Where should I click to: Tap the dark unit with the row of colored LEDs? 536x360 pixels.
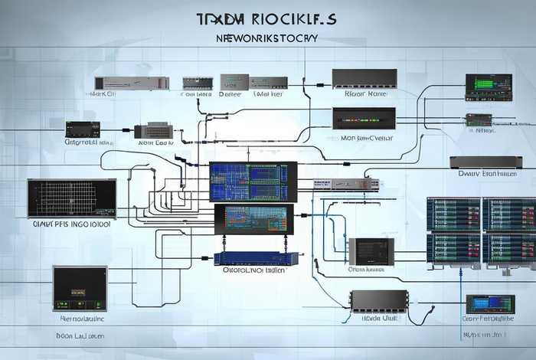363,119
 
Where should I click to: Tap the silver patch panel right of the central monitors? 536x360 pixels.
345,185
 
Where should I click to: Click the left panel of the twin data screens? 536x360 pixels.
453,233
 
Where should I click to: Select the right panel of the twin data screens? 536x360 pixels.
509,233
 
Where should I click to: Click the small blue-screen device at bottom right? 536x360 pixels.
489,304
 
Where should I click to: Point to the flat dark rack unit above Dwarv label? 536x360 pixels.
485,162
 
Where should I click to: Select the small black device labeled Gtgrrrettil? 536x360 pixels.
82,129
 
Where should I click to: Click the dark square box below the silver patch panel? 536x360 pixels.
371,251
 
